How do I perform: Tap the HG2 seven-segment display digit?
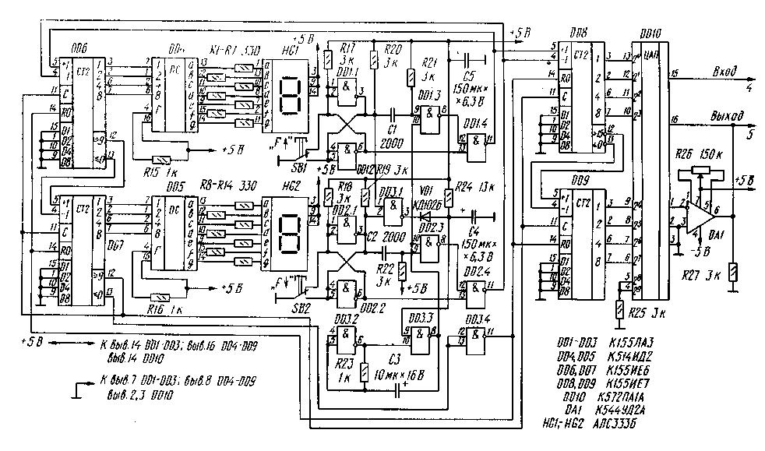pyautogui.click(x=287, y=234)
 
